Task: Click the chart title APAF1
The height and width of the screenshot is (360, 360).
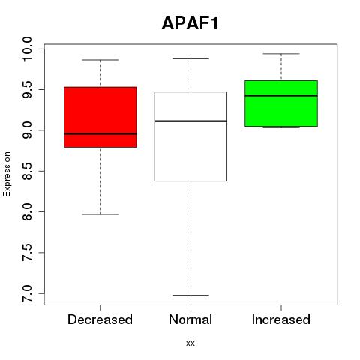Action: (190, 23)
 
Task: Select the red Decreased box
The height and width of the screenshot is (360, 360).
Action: (100, 117)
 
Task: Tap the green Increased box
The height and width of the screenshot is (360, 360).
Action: (281, 103)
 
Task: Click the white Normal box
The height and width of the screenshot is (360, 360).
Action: (190, 136)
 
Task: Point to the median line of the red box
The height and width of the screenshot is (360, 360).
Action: (100, 133)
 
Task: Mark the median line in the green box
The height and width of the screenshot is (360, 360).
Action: (281, 95)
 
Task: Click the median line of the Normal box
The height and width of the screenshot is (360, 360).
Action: (190, 121)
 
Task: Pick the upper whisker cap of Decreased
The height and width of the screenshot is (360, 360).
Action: (100, 60)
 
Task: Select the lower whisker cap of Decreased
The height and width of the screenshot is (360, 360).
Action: (100, 214)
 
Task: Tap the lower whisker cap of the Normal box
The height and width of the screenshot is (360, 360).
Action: (190, 295)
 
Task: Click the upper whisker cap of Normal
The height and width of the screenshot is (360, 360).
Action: (190, 58)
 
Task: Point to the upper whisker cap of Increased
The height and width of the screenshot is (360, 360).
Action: (281, 54)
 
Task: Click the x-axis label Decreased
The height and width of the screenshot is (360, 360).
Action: (100, 319)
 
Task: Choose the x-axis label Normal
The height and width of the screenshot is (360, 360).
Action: (190, 319)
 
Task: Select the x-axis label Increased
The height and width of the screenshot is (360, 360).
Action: (281, 319)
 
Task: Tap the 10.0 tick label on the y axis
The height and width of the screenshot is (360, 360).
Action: (27, 49)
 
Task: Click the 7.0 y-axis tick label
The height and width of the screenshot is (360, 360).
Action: (27, 293)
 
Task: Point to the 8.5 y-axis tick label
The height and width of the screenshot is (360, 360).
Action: (27, 171)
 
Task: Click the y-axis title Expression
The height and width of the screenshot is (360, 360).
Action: (7, 174)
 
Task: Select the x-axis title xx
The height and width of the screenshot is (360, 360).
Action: (190, 343)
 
